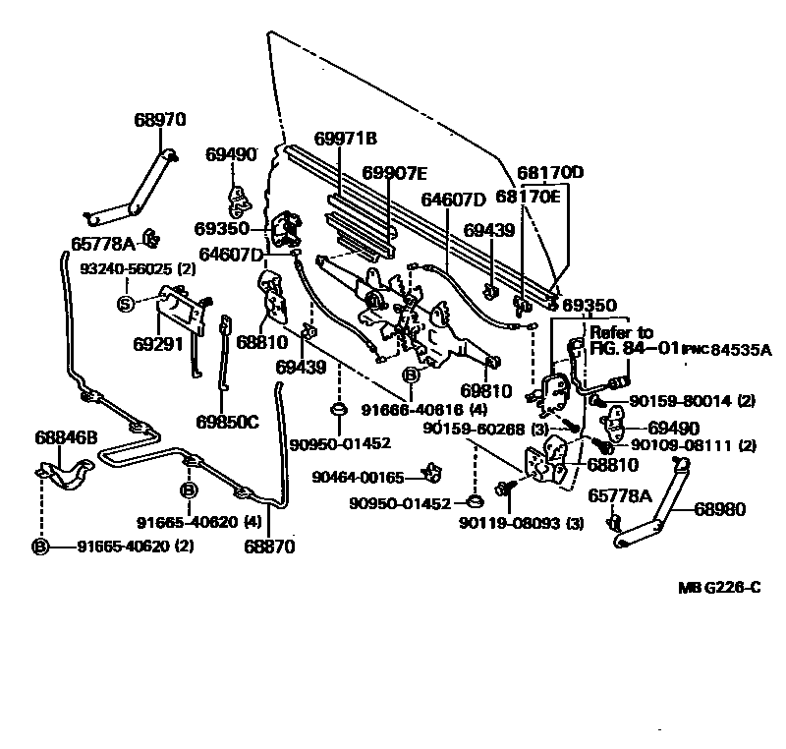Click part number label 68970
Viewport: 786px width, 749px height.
pos(159,120)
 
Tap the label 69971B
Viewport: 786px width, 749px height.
pos(346,139)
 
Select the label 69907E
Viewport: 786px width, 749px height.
pos(394,173)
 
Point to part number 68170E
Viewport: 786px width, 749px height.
pos(528,197)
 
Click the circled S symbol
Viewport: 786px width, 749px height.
pos(126,303)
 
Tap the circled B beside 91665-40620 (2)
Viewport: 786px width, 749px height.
pos(40,546)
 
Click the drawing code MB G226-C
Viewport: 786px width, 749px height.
pos(719,588)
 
